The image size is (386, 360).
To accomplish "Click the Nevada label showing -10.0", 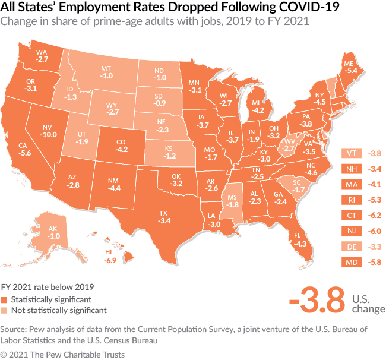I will pyautogui.click(x=50, y=130).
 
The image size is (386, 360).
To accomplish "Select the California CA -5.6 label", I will pyautogui.click(x=25, y=148).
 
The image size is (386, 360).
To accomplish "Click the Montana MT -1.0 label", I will pyautogui.click(x=107, y=72).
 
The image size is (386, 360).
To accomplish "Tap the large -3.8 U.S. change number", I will pyautogui.click(x=317, y=301).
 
